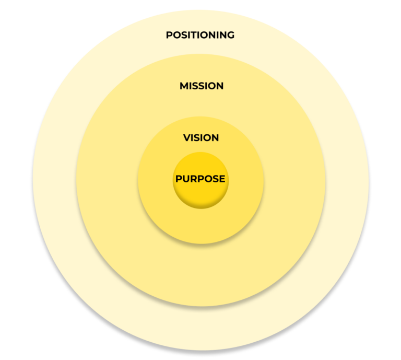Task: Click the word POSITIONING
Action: tap(200, 36)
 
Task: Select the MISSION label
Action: tap(202, 86)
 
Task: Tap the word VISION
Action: tap(201, 138)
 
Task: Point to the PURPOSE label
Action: tap(200, 179)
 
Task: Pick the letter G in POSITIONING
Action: tap(230, 36)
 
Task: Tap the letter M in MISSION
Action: tap(184, 86)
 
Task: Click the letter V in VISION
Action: tap(186, 138)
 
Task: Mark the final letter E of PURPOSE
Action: tap(222, 179)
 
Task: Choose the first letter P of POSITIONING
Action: tap(169, 36)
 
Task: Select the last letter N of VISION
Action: tap(215, 138)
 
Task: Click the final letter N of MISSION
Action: tap(220, 86)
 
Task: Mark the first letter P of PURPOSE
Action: tap(179, 179)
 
